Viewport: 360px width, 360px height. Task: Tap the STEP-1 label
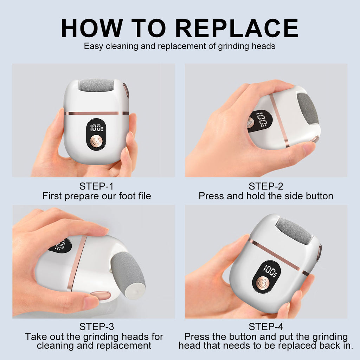(96, 186)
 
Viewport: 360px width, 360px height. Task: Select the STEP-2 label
(266, 186)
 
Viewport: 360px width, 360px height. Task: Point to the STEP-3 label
(96, 327)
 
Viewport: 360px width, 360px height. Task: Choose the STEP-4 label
(266, 327)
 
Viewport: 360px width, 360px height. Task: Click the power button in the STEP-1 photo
(96, 141)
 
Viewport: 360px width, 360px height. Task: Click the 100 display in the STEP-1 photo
(96, 128)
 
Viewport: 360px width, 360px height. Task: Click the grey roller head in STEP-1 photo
(96, 85)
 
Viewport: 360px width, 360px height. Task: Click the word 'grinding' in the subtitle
(232, 46)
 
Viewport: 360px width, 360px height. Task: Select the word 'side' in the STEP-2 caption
(283, 196)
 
